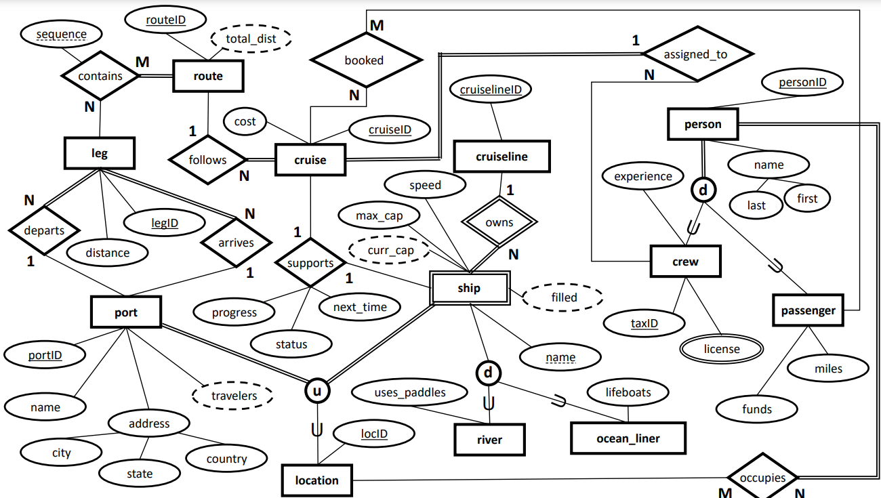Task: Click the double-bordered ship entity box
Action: click(469, 288)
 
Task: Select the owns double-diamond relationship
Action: click(499, 222)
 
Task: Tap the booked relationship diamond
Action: click(364, 60)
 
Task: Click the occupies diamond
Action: click(762, 478)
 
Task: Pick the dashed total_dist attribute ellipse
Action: click(251, 39)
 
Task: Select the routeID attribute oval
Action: click(166, 20)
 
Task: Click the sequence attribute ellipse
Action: click(61, 34)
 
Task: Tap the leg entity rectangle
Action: click(100, 153)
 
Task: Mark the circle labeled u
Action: click(316, 390)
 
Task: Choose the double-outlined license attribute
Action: click(722, 349)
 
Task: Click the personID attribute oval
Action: click(802, 83)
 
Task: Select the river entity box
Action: click(489, 440)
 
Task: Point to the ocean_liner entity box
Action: click(628, 438)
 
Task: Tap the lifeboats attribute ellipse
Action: click(628, 392)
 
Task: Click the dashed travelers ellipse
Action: click(233, 396)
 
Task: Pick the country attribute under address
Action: click(226, 459)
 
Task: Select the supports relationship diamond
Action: click(310, 263)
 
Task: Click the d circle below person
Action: click(703, 190)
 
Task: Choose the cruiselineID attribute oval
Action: click(491, 89)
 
